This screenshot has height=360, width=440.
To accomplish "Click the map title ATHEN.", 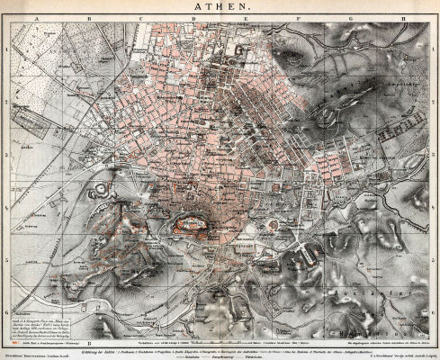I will (x=220, y=7).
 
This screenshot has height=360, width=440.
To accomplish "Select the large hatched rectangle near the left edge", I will (x=20, y=117).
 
